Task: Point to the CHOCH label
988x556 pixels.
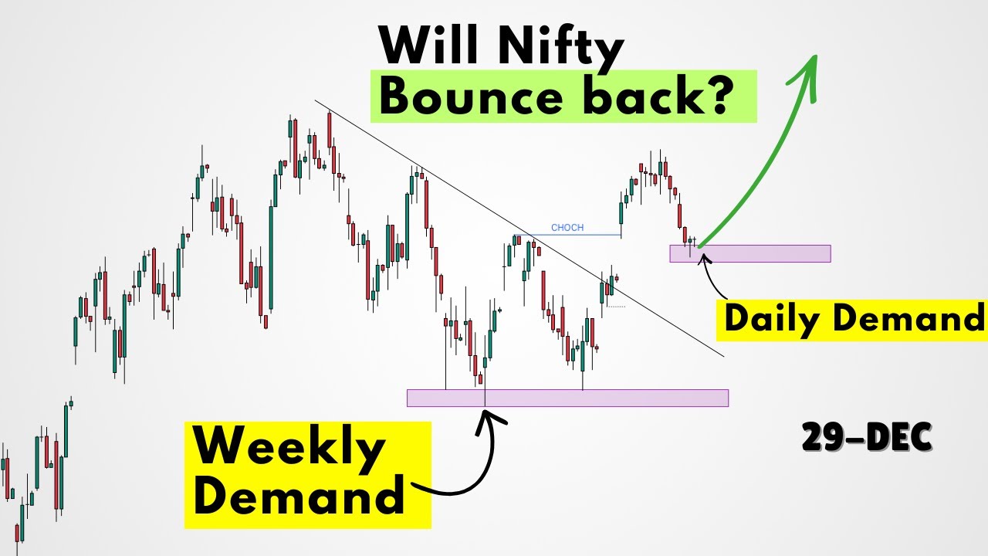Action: pyautogui.click(x=567, y=228)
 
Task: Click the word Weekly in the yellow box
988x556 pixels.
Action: pyautogui.click(x=287, y=448)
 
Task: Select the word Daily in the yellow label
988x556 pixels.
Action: pyautogui.click(x=772, y=319)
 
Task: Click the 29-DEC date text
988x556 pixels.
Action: pyautogui.click(x=866, y=438)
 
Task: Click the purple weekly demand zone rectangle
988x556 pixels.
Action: pyautogui.click(x=567, y=398)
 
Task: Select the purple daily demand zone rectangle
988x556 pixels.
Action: pyautogui.click(x=749, y=253)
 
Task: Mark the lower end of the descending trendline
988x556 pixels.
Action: pyautogui.click(x=723, y=356)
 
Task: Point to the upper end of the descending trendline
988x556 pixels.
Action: pyautogui.click(x=315, y=100)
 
